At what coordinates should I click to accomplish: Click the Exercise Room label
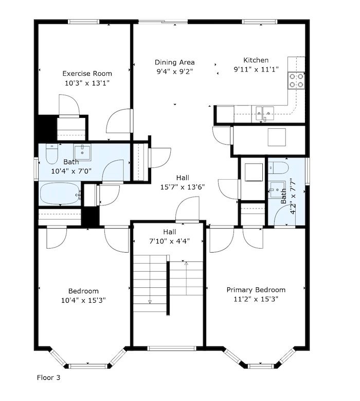(87, 74)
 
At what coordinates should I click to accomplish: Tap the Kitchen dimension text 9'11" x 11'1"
(256, 69)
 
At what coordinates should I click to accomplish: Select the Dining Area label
(174, 62)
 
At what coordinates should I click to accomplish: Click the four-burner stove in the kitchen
(296, 80)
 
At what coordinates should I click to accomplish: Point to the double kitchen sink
(265, 114)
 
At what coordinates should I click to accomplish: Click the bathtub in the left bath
(60, 194)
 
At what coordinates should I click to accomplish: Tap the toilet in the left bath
(52, 154)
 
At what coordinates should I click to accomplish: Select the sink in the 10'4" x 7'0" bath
(82, 152)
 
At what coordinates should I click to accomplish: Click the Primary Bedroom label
(256, 290)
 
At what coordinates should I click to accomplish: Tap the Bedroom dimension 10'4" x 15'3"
(83, 300)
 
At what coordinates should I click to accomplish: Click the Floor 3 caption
(48, 377)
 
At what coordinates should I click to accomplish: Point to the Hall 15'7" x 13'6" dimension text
(183, 187)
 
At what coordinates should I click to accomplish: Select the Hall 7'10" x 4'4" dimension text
(169, 241)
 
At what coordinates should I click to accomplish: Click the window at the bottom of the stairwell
(172, 348)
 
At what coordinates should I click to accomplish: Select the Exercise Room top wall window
(83, 22)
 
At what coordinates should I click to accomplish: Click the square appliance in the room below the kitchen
(277, 137)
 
